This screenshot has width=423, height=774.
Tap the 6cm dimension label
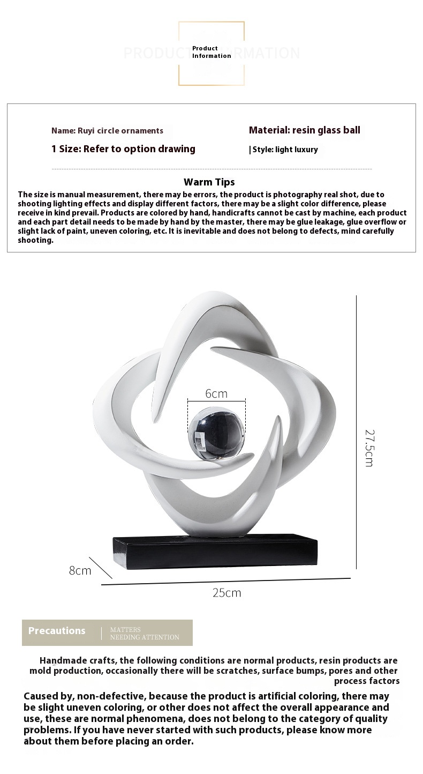coord(216,393)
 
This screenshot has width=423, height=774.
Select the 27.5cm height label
coord(369,448)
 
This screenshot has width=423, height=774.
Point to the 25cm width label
coord(226,593)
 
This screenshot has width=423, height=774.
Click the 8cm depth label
coord(80,570)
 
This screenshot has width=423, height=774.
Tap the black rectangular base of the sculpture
coord(214,551)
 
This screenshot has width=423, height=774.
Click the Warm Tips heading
coord(209,182)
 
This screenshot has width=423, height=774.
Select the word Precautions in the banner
coord(57,631)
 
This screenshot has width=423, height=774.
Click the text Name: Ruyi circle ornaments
coord(107,131)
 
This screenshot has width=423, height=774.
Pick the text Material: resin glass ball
coord(304,130)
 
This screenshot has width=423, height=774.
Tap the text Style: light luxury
coord(285,150)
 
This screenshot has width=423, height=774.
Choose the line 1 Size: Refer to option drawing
coord(123,149)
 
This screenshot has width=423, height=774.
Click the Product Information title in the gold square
coord(211,52)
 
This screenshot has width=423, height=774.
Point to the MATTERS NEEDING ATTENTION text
coord(145,634)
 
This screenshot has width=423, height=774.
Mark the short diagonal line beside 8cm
coord(101,568)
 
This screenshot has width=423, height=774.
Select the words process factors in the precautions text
coord(367,681)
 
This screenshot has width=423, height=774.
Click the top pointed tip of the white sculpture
coord(214,294)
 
